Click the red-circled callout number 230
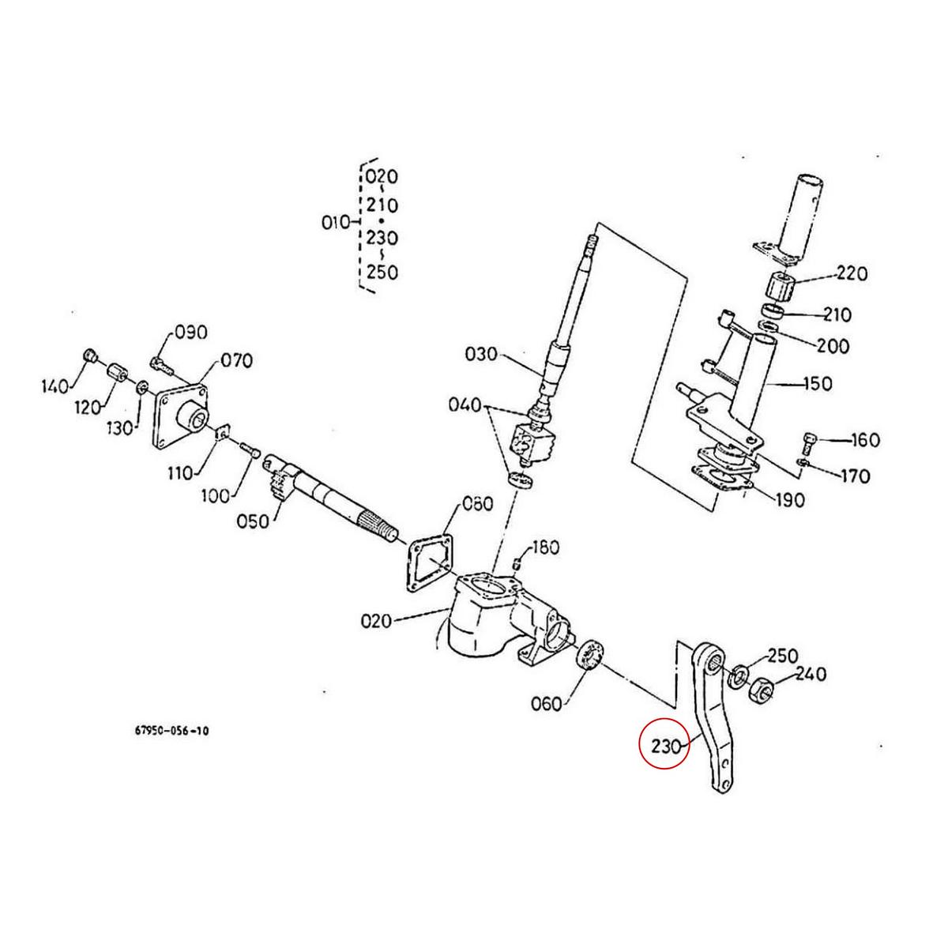(664, 745)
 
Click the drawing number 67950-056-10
(171, 732)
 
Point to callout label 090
(190, 332)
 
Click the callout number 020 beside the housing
(376, 621)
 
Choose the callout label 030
(482, 354)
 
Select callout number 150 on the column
(816, 384)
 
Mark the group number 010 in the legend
(336, 223)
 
